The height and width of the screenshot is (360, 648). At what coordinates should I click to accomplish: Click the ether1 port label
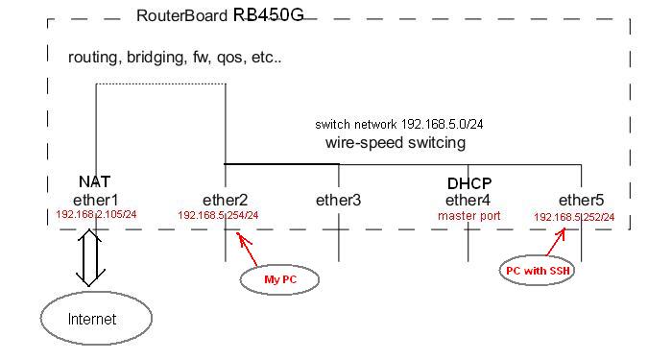click(x=95, y=200)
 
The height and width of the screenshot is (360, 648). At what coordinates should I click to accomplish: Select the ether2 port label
click(x=226, y=200)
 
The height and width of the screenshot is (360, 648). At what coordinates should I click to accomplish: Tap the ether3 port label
click(x=339, y=200)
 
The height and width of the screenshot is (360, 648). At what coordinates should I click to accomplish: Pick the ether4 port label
click(x=468, y=200)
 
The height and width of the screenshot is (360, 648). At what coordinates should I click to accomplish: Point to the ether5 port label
click(x=582, y=200)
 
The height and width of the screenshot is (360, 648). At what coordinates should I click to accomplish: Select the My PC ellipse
click(x=278, y=279)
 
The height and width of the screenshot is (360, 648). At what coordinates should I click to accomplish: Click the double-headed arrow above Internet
click(x=90, y=258)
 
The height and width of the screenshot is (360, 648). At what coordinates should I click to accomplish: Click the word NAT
click(x=95, y=181)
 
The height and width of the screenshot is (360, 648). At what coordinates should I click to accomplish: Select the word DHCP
click(x=468, y=183)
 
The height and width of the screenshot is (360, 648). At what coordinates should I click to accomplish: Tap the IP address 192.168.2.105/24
click(x=96, y=214)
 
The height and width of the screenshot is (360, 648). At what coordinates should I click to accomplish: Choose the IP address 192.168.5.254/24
click(x=218, y=216)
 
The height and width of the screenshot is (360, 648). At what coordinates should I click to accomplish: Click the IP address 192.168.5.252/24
click(x=574, y=217)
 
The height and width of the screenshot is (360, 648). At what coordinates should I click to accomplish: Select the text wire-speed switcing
click(x=396, y=143)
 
